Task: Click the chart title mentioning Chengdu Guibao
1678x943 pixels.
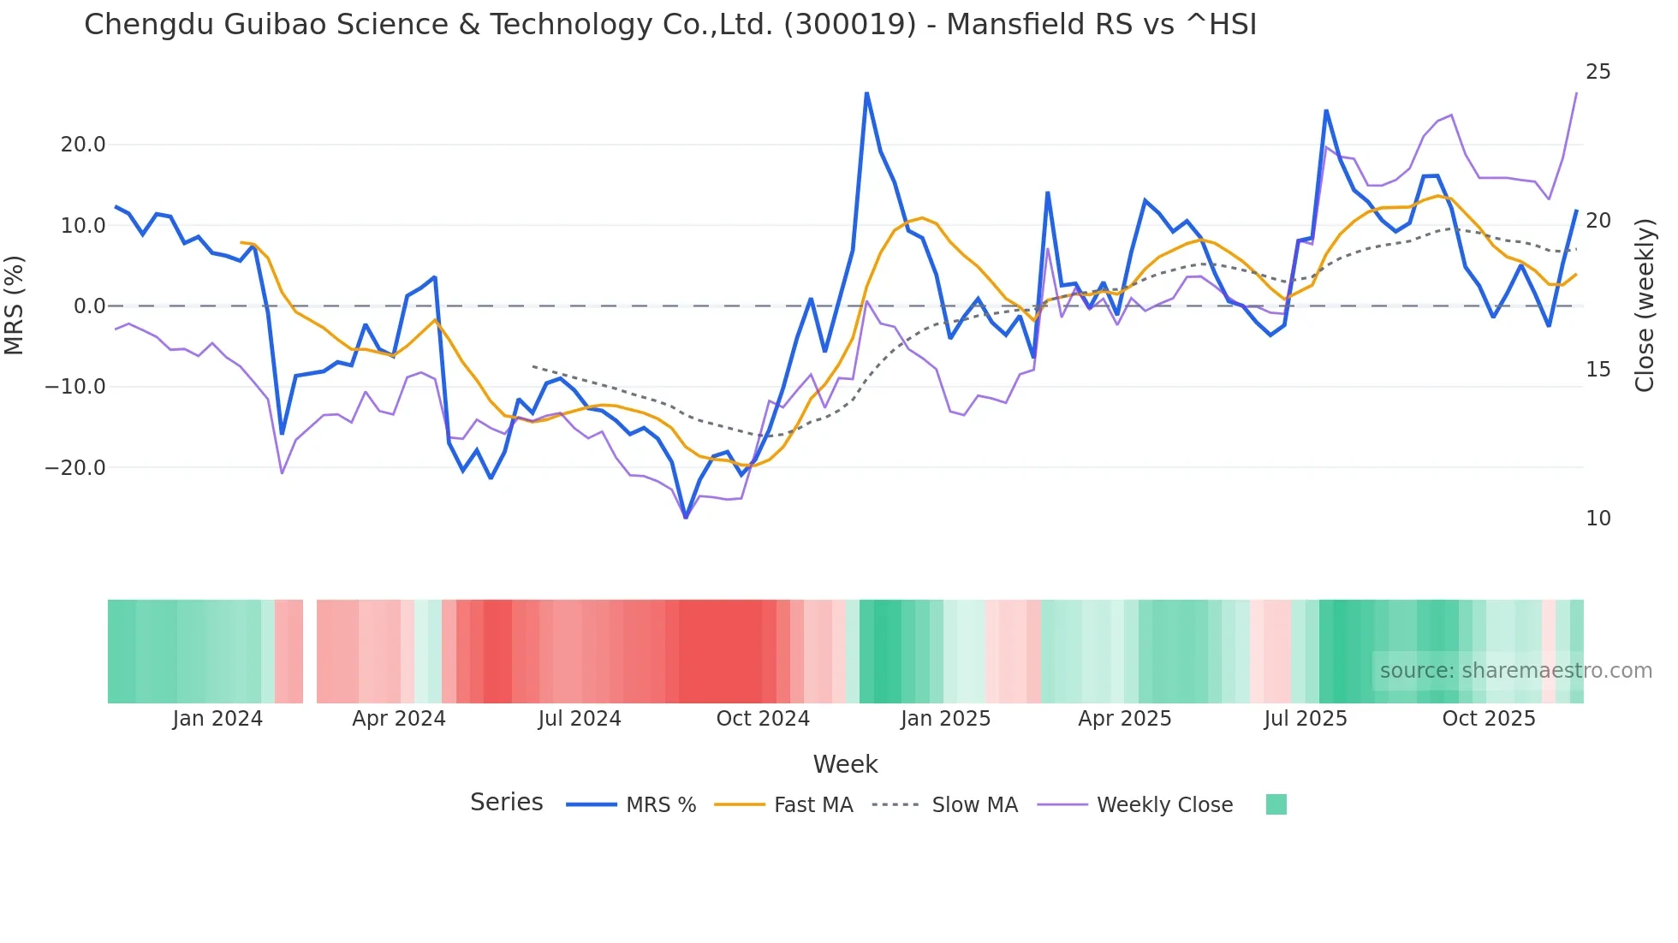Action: click(670, 25)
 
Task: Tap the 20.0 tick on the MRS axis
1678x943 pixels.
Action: click(83, 145)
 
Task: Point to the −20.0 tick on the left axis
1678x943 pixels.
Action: click(75, 468)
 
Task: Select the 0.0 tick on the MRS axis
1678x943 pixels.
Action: click(90, 306)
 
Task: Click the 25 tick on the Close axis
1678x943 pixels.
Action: click(1598, 72)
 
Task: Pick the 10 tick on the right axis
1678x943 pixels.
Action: click(1598, 519)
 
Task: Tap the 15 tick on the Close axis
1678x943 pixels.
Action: click(1598, 370)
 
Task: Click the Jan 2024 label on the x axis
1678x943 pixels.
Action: click(217, 719)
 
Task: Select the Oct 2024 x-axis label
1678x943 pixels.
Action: click(763, 719)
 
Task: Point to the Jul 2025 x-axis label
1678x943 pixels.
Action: click(1306, 719)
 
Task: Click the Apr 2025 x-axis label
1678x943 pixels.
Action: click(1124, 719)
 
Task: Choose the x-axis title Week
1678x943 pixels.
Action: click(845, 764)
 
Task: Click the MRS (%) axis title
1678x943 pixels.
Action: click(15, 305)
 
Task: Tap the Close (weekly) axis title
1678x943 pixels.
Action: click(1645, 305)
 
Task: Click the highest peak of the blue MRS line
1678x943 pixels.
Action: click(866, 93)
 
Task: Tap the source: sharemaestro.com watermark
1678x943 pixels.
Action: click(1515, 671)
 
